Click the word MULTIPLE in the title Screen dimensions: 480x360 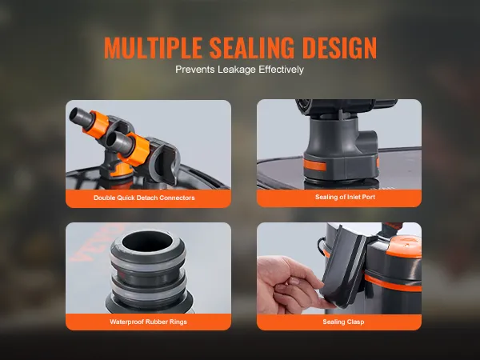153,48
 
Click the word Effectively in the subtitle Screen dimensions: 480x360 281,70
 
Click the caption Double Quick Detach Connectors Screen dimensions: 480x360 144,198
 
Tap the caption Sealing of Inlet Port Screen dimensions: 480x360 345,197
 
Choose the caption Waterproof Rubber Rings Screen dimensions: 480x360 148,322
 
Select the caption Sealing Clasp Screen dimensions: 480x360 343,322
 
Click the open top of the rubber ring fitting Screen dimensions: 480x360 147,241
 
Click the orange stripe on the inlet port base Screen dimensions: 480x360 314,166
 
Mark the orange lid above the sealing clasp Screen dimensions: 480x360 403,246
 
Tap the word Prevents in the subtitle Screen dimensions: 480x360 195,70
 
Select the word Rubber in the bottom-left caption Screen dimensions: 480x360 154,322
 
